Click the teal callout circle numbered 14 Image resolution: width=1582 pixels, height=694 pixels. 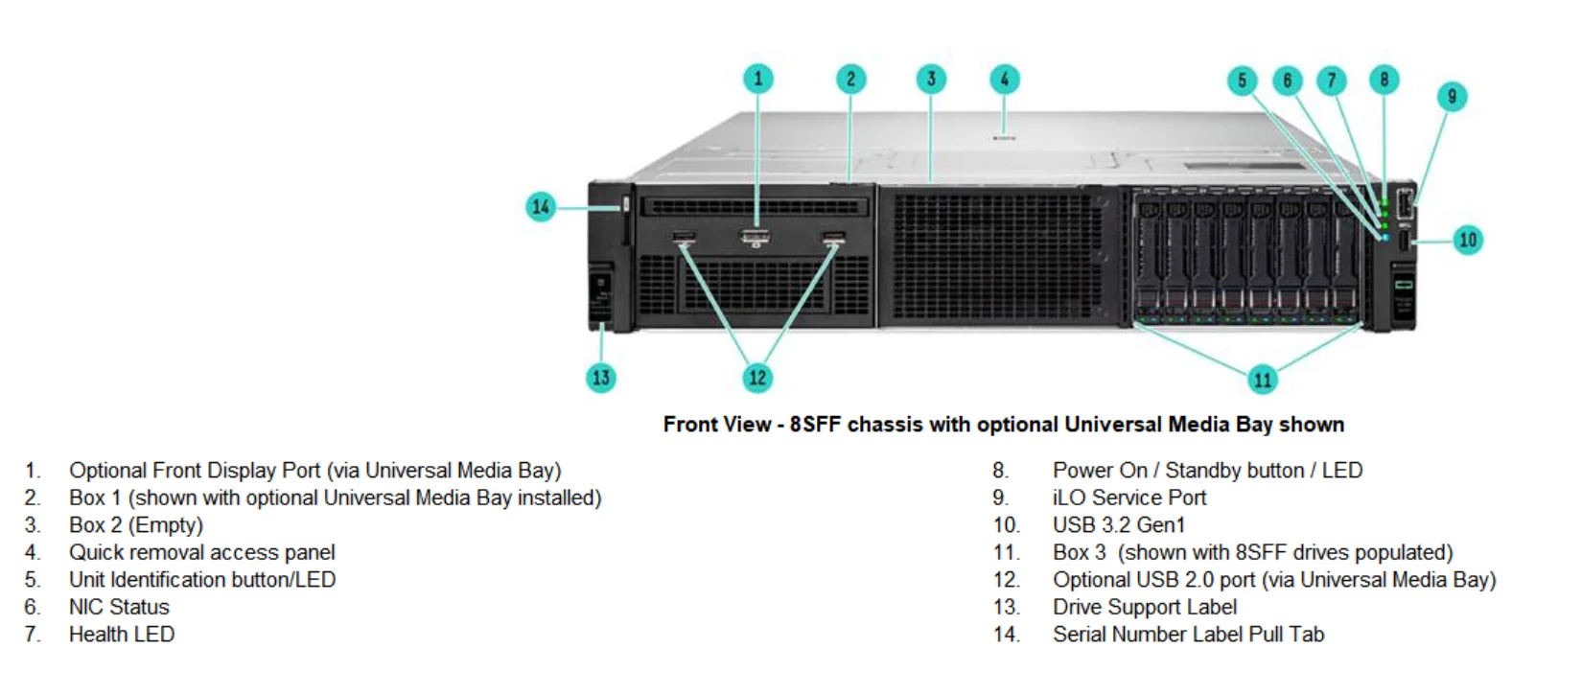(x=541, y=207)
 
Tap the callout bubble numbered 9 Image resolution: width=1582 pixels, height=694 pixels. (x=1452, y=96)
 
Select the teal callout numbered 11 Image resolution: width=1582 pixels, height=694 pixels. (x=1263, y=380)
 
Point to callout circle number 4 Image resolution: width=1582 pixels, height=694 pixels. (x=1004, y=79)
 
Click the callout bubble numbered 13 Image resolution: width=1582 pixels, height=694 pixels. (x=601, y=378)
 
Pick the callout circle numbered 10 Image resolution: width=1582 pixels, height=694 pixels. (x=1468, y=240)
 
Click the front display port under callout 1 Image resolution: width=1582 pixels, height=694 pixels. (x=755, y=236)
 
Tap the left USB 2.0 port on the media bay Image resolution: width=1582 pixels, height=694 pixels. (x=684, y=237)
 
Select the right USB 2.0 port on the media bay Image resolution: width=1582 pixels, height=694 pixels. (x=833, y=237)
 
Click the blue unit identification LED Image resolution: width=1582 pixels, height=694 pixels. (x=1384, y=237)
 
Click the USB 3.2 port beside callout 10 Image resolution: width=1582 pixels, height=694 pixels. (x=1405, y=240)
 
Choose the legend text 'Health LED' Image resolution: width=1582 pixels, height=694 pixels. (x=122, y=634)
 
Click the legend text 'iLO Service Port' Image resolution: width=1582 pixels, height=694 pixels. (x=1129, y=497)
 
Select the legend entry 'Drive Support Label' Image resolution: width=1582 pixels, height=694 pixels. (x=1145, y=607)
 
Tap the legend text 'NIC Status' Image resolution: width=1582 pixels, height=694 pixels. (x=119, y=607)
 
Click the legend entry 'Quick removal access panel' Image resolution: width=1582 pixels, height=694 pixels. (x=202, y=552)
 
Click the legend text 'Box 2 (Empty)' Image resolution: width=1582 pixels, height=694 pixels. (x=136, y=525)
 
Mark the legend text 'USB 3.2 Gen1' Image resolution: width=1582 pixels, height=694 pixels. (x=1119, y=525)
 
